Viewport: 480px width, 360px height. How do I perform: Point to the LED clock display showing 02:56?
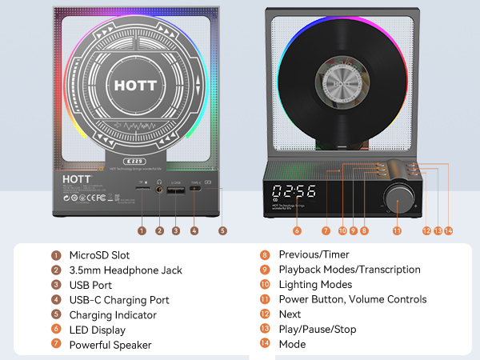pos(293,192)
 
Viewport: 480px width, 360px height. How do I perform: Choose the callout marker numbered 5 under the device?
pos(222,230)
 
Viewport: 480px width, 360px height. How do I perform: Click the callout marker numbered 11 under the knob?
pos(397,230)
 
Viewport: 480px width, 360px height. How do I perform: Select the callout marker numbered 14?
pos(448,230)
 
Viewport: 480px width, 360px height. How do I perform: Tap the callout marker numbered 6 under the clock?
pos(297,230)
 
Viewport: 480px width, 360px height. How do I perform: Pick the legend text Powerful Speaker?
pos(110,345)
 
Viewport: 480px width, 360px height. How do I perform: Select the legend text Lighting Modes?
pos(315,285)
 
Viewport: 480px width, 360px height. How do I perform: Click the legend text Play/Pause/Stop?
pos(318,330)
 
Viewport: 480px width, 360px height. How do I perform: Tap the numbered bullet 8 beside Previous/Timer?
pos(265,255)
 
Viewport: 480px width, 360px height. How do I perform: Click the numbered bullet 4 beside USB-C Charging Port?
pos(56,300)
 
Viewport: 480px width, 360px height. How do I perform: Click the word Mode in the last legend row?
pos(292,345)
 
